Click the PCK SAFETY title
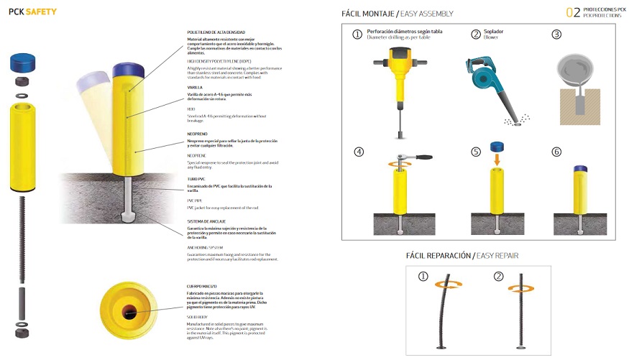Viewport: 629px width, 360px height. [33, 11]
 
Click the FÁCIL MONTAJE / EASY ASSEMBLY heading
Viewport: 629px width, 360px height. [398, 14]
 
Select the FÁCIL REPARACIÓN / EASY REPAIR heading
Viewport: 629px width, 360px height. [462, 255]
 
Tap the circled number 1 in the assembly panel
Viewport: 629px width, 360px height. [357, 34]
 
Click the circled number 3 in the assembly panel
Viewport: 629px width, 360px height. [556, 34]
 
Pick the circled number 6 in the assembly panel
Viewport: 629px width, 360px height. [556, 152]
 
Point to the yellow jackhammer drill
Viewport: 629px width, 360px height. [397, 79]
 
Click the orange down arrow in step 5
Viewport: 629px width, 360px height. [495, 160]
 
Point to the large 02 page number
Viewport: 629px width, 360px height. [573, 11]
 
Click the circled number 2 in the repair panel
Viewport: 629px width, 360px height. [497, 276]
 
